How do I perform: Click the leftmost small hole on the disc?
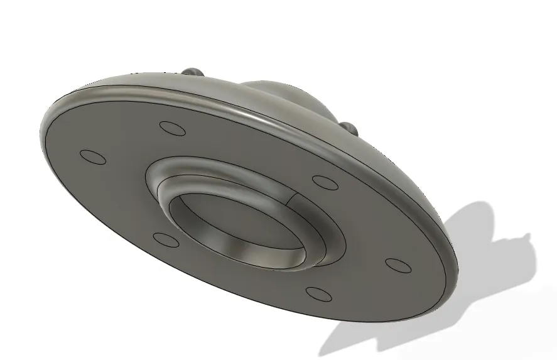[x=93, y=156]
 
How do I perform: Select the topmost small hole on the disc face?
[x=173, y=128]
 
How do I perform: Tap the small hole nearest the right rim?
[x=397, y=265]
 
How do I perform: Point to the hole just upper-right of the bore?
[x=325, y=182]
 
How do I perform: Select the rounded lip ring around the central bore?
[x=188, y=182]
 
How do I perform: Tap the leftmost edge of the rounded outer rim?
[x=41, y=135]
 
